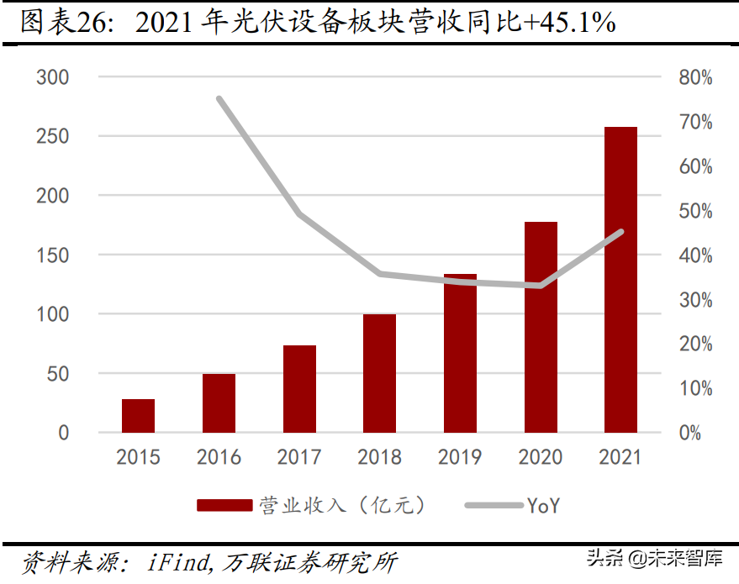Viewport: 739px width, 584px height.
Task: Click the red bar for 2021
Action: pos(620,280)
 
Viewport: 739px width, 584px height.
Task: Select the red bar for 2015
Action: pos(138,416)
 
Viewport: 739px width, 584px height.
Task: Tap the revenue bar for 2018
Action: pos(379,373)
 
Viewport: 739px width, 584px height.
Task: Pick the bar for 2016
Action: pos(219,403)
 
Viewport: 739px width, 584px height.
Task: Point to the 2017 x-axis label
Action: pos(299,458)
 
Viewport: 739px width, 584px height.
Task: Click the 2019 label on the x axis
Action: pos(460,458)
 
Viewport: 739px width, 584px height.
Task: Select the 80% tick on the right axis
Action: pos(694,78)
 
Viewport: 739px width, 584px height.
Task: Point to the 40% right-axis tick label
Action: pos(694,255)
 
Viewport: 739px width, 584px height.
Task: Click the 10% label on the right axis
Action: pos(694,389)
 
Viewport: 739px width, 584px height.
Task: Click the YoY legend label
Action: pos(543,505)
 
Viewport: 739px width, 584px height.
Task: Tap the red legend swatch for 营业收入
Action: pos(224,505)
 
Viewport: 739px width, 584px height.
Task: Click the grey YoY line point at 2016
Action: pos(219,99)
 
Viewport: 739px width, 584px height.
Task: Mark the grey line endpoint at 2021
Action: pos(620,232)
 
